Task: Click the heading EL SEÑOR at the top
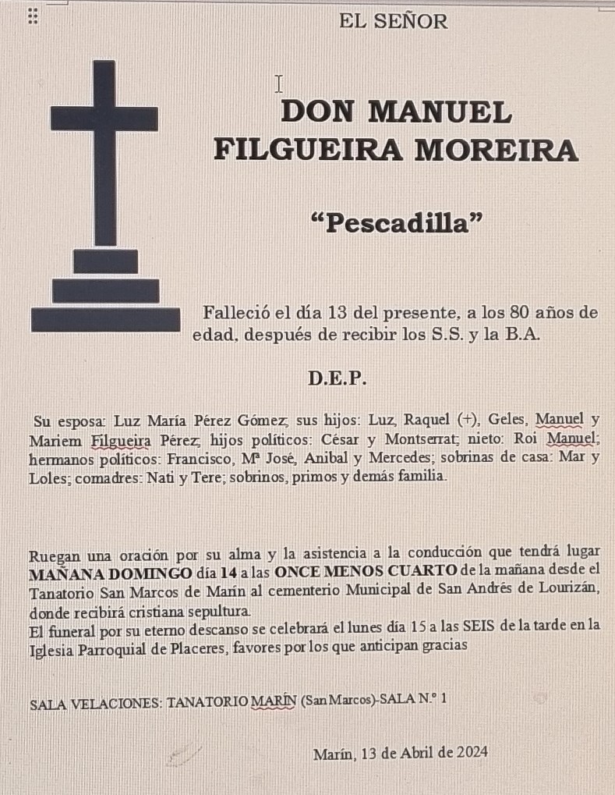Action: (x=394, y=22)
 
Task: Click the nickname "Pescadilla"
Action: (x=396, y=223)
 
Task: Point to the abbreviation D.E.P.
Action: (x=337, y=379)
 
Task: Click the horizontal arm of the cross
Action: (x=104, y=119)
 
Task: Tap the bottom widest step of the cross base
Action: (x=105, y=320)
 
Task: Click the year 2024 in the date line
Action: (x=472, y=753)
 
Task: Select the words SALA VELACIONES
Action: (x=94, y=703)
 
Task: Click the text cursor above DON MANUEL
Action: (x=278, y=83)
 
